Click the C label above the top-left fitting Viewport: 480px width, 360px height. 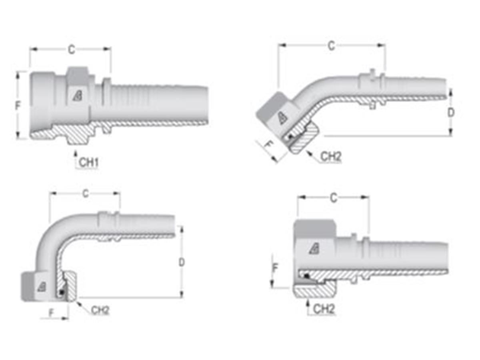point(71,50)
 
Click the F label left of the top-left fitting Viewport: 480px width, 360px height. point(18,106)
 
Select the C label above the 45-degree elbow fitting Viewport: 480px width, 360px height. point(331,46)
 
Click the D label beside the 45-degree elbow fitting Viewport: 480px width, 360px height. point(451,113)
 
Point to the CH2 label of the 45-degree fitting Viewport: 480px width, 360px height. point(331,157)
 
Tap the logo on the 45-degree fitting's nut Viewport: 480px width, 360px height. point(282,117)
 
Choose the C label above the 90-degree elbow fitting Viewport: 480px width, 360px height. point(86,194)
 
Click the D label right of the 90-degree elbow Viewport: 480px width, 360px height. point(182,262)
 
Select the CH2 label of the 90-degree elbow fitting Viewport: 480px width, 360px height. point(100,310)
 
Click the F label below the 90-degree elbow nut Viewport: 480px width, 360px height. point(51,313)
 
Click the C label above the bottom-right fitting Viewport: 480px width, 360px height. point(333,198)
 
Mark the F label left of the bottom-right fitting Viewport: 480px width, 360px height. point(274,268)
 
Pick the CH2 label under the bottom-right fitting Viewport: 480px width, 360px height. point(324,309)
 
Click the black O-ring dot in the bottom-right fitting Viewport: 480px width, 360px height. point(306,276)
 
